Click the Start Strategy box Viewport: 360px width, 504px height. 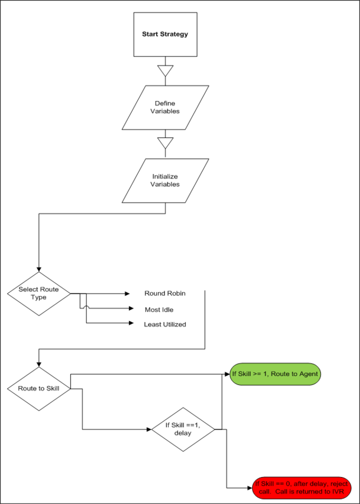tap(165, 34)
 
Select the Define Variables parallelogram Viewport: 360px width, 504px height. tap(165, 107)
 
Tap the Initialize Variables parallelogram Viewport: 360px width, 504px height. tap(165, 181)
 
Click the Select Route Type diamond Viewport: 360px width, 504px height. tap(39, 294)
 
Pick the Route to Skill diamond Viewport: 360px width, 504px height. tap(39, 388)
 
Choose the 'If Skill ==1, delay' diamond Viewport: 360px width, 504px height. tap(183, 429)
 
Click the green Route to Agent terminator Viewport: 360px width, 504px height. tap(275, 374)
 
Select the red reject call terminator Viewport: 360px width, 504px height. tap(302, 488)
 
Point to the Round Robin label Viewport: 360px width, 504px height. tap(165, 293)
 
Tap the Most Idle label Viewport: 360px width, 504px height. tap(159, 310)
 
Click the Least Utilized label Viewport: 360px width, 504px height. tap(165, 324)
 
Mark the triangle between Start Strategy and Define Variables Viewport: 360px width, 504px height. tap(165, 71)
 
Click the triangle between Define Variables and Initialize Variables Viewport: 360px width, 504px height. tap(165, 143)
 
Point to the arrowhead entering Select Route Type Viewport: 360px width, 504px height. tap(39, 269)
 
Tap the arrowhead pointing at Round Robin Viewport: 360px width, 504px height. tap(127, 294)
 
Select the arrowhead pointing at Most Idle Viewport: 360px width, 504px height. tap(131, 308)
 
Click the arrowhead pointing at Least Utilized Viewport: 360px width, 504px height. tap(131, 323)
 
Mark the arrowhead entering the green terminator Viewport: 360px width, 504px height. tap(227, 374)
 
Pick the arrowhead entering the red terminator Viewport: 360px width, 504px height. tap(250, 488)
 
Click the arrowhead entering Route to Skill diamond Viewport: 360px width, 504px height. tap(39, 364)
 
